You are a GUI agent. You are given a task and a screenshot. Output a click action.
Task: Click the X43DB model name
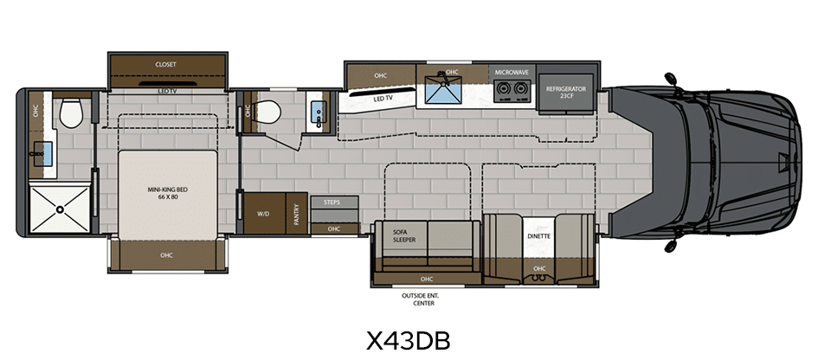click(x=408, y=341)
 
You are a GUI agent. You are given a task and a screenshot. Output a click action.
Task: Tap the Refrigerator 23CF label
click(x=566, y=93)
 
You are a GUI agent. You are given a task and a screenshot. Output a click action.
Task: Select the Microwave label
click(x=512, y=72)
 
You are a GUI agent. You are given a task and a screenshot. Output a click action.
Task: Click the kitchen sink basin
click(x=443, y=90)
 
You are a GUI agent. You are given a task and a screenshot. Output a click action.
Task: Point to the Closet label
click(x=166, y=65)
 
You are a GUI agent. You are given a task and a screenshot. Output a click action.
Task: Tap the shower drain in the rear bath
click(x=60, y=209)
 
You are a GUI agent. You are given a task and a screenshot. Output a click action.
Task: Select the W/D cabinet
click(x=265, y=214)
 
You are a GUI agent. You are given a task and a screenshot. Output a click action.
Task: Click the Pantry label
click(x=297, y=214)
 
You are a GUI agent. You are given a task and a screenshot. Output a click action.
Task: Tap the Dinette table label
click(x=539, y=236)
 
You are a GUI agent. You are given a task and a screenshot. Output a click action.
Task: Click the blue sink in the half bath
click(x=317, y=112)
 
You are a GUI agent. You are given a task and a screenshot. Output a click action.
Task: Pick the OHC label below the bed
click(x=166, y=255)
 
